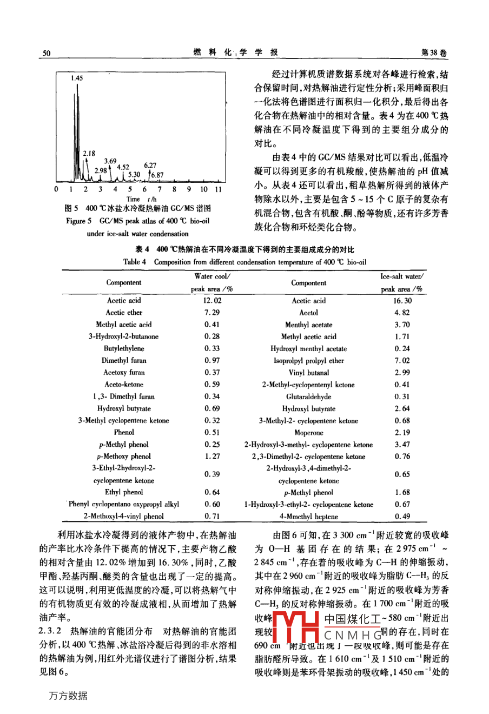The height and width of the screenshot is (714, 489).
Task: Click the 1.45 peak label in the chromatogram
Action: point(77,78)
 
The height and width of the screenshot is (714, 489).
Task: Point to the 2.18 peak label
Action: point(89,154)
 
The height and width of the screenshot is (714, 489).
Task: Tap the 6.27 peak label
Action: point(150,166)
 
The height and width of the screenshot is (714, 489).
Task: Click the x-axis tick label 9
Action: point(189,189)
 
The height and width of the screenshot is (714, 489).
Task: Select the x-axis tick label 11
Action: point(218,189)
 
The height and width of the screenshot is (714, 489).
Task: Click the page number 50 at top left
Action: point(46,52)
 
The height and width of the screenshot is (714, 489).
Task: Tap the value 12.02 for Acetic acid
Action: point(212,301)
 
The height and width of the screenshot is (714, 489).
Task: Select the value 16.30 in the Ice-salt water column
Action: point(402,301)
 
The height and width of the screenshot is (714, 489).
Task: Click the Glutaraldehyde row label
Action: point(308,396)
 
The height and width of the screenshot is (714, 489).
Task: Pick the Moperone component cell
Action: point(308,433)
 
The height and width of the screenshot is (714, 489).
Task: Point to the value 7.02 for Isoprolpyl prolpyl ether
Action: point(402,361)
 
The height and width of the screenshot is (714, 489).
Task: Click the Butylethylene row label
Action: point(124,348)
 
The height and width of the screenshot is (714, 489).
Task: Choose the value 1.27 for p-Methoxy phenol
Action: point(212,457)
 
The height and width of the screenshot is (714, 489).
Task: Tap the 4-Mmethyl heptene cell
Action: point(308,517)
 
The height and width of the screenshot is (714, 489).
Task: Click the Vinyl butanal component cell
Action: point(308,373)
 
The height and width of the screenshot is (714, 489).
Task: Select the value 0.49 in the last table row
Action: point(402,517)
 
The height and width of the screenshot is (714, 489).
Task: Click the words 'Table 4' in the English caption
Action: point(135,262)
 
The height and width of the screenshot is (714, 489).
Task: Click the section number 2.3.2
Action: point(50,632)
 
